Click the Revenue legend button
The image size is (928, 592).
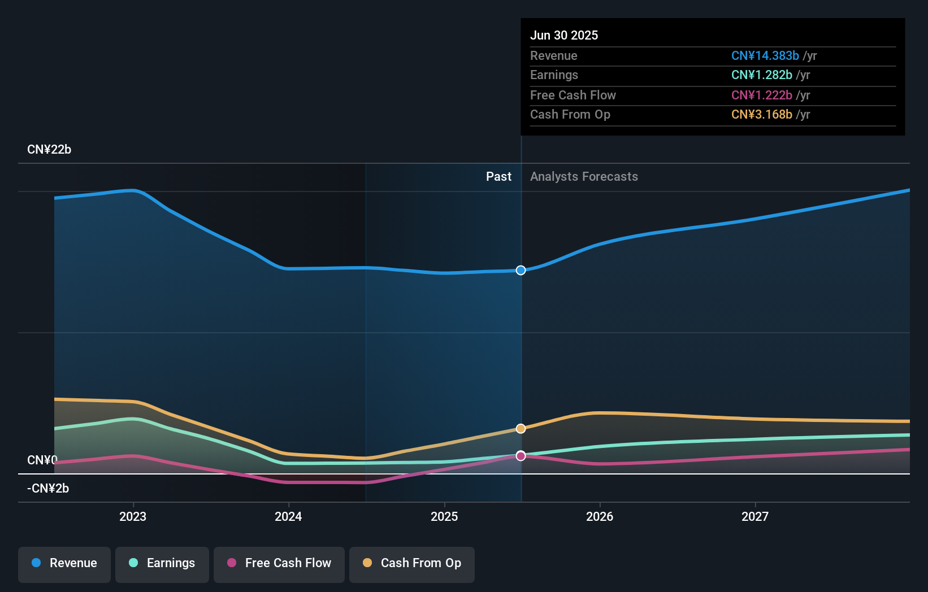64,564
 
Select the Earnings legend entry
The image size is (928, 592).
162,564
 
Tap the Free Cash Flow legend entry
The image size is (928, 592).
279,564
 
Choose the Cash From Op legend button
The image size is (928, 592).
412,564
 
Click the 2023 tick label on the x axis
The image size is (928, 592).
133,517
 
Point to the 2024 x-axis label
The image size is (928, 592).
288,517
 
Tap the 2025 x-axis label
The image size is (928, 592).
444,517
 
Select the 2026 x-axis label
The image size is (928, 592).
600,517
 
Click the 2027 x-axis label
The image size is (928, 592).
755,517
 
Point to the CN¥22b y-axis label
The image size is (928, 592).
49,150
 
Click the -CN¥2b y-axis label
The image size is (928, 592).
48,489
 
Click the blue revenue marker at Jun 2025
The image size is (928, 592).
521,271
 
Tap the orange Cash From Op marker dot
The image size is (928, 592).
521,429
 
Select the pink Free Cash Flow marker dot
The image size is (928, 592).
521,456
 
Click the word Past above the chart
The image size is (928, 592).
498,177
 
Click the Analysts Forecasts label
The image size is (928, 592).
584,177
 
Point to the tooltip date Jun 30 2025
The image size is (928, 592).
563,36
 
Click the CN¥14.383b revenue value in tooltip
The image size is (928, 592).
765,56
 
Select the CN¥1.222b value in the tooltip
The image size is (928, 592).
761,95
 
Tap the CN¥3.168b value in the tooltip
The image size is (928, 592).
761,115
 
